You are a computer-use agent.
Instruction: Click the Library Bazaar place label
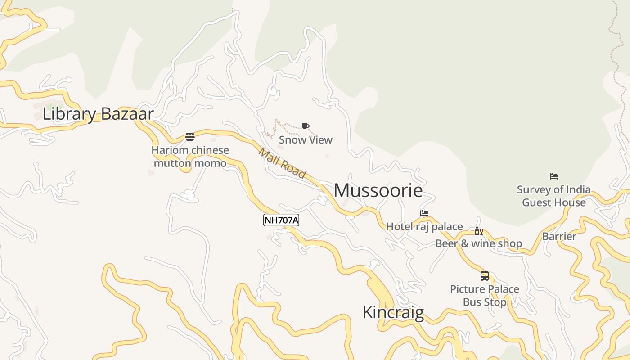(x=98, y=114)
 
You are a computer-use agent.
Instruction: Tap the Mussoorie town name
(x=378, y=191)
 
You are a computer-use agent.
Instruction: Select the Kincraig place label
(x=393, y=312)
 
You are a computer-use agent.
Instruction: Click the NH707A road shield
(x=281, y=220)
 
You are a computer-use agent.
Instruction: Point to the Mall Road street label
(x=282, y=163)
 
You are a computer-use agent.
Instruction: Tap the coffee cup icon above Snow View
(x=306, y=126)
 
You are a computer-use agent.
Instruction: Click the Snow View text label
(x=306, y=140)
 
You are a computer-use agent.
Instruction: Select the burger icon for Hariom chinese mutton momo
(x=190, y=137)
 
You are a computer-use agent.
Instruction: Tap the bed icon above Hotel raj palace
(x=424, y=213)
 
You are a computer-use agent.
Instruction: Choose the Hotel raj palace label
(x=424, y=226)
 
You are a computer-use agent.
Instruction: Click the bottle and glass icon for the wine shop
(x=478, y=231)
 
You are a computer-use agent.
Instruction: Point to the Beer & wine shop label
(x=478, y=244)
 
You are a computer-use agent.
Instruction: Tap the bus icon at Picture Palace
(x=485, y=276)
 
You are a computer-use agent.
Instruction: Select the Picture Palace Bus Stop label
(x=485, y=295)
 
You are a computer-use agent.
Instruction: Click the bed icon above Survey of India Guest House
(x=554, y=176)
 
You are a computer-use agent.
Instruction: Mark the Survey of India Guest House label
(x=553, y=196)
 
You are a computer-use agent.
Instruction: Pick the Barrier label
(x=559, y=237)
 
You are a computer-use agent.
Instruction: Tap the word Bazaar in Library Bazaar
(x=127, y=114)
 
